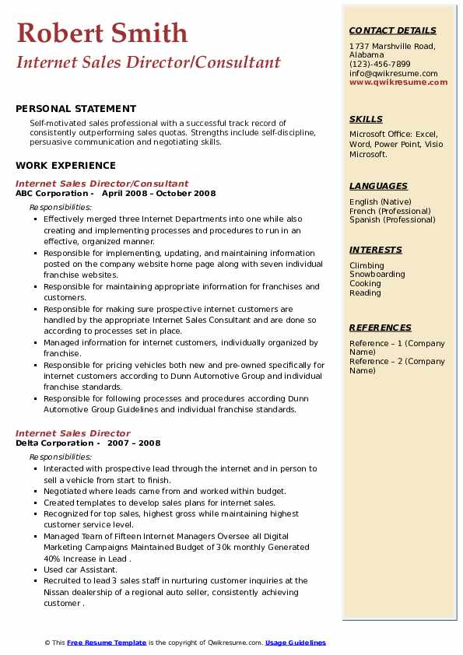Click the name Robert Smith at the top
coord(102,33)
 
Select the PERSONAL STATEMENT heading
coord(75,109)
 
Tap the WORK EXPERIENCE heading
coord(65,165)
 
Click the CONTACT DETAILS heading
coord(392,30)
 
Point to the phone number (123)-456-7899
coord(380,65)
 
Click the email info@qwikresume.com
coord(393,73)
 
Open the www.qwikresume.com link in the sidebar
coord(398,82)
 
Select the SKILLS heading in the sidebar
coord(366,119)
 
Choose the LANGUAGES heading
coord(378,186)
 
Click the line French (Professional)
coord(390,211)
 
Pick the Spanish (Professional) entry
coord(391,219)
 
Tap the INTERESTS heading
coord(376,250)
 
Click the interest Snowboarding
coord(377,275)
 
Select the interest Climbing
coord(367,265)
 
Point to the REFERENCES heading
coord(380,327)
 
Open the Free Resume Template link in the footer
coord(107,643)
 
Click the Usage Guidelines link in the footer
coord(296,643)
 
